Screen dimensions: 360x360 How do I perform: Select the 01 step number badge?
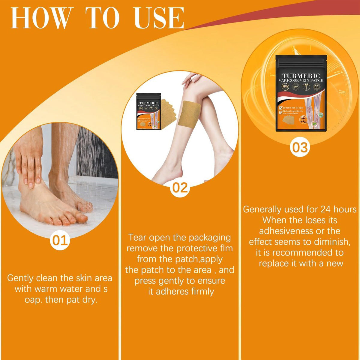pos(60,241)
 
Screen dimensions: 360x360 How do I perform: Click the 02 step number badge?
pos(180,187)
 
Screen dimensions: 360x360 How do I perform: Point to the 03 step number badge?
pos(300,148)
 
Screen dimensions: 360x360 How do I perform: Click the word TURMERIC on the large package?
pos(301,76)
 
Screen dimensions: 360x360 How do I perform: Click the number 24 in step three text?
pos(326,209)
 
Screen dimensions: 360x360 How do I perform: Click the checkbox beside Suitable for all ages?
pos(280,107)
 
